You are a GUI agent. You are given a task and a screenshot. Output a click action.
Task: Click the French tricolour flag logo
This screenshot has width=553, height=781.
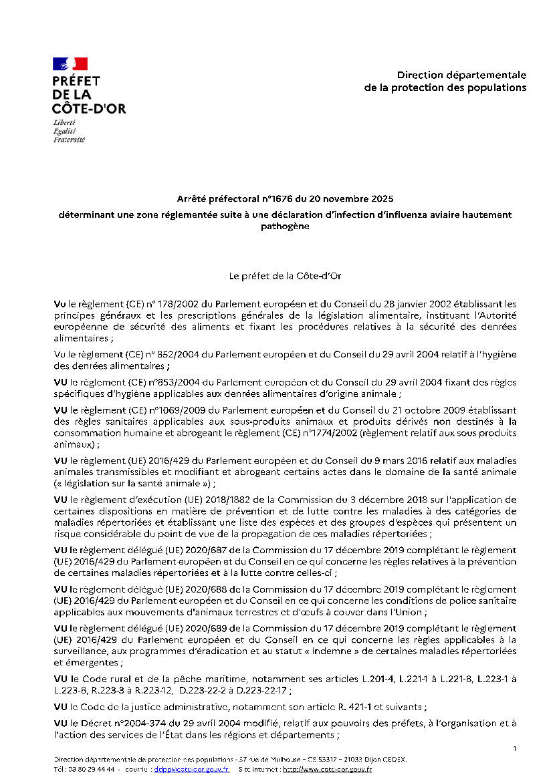click(70, 64)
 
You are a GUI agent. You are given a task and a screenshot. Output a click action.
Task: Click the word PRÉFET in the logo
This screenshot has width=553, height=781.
click(76, 82)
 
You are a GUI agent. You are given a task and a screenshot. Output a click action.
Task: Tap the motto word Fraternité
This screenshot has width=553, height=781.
click(69, 139)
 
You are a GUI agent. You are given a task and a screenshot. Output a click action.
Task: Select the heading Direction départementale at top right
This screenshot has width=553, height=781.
click(461, 75)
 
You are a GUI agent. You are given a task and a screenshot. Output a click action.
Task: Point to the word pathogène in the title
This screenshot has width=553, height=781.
click(285, 226)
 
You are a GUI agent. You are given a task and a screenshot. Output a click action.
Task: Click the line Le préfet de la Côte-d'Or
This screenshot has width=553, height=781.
click(277, 275)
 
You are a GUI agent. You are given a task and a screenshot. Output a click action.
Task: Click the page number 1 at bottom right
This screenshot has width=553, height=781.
click(514, 748)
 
